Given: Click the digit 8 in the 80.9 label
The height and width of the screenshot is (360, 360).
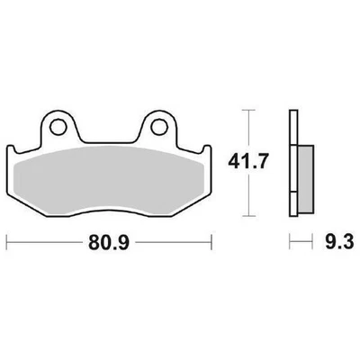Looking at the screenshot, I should tap(94, 243).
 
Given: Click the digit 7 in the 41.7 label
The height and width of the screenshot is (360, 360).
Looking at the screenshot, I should tap(256, 163).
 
